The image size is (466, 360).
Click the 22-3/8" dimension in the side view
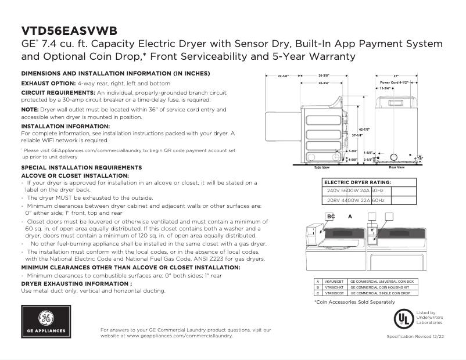283,76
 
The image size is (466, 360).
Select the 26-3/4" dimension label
324,84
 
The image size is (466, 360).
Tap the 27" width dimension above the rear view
396,76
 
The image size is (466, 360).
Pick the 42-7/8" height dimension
365,129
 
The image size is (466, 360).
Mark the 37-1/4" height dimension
357,135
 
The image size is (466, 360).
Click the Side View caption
322,167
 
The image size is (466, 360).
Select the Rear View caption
396,167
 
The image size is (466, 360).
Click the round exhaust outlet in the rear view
395,156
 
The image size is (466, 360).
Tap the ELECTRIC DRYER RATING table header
357,182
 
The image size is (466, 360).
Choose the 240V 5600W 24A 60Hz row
355,190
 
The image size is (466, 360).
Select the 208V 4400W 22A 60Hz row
355,200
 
